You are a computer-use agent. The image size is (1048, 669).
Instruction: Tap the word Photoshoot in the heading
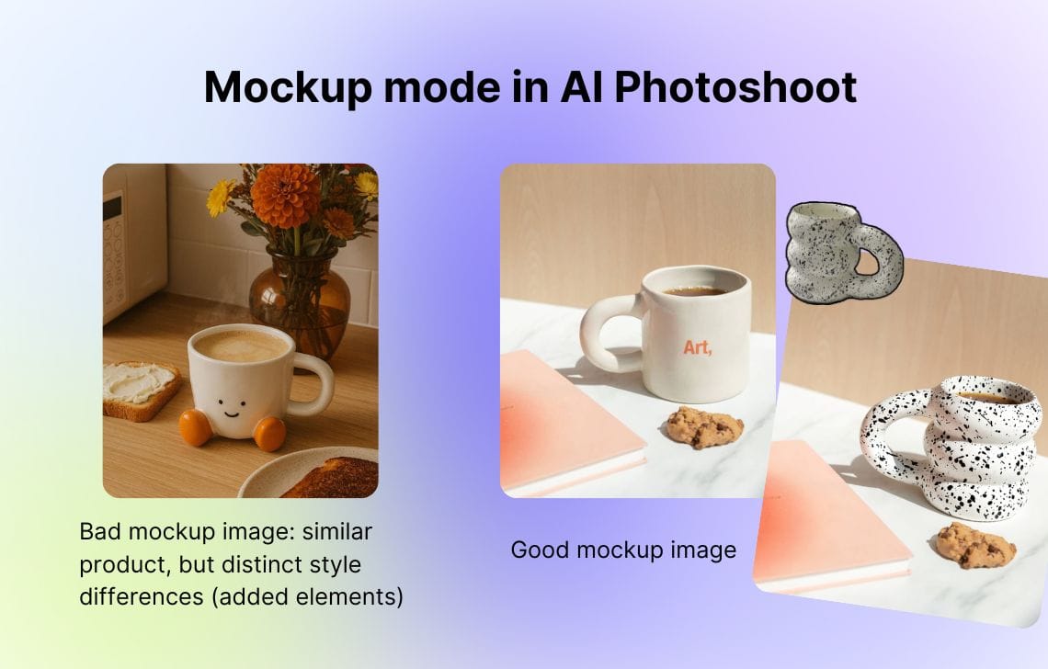coord(735,87)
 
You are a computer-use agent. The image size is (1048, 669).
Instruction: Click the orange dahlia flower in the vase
coord(285,195)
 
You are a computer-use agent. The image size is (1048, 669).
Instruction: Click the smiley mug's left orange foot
coord(195,427)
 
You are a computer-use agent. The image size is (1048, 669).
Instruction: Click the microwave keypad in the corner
coord(113,253)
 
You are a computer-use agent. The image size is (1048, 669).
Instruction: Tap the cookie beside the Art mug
coord(704,425)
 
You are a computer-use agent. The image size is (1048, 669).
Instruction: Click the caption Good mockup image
coord(623,550)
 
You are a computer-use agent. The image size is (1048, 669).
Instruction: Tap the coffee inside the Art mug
coord(696,290)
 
